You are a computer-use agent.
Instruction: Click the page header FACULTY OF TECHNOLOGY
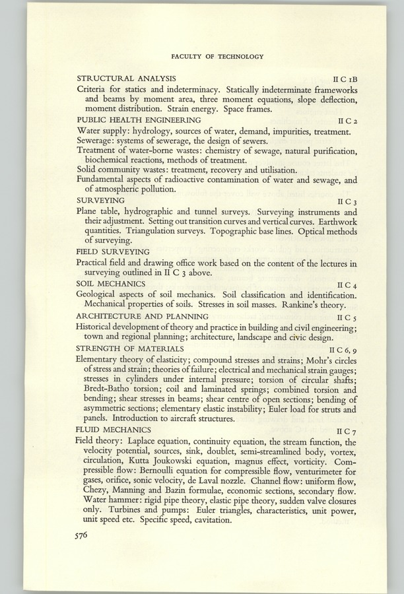click(x=217, y=57)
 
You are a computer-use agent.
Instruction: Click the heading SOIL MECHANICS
click(x=110, y=283)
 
